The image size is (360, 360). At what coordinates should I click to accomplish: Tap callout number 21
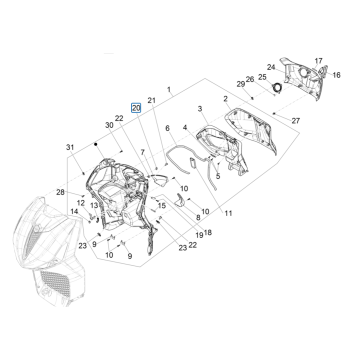pos(151,101)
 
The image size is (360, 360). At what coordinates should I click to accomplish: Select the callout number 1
pos(169,90)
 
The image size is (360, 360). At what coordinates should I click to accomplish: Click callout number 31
pos(70,147)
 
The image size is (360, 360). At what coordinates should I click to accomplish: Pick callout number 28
pos(61,193)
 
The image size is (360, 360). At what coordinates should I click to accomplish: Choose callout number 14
pos(74,212)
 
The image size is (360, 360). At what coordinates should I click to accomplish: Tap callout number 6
pos(168,128)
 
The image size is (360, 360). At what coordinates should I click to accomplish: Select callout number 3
pos(200,107)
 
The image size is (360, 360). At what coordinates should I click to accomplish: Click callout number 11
pos(228,214)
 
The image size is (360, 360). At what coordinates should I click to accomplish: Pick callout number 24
pos(270,67)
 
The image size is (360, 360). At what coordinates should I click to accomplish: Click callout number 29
pos(240,84)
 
